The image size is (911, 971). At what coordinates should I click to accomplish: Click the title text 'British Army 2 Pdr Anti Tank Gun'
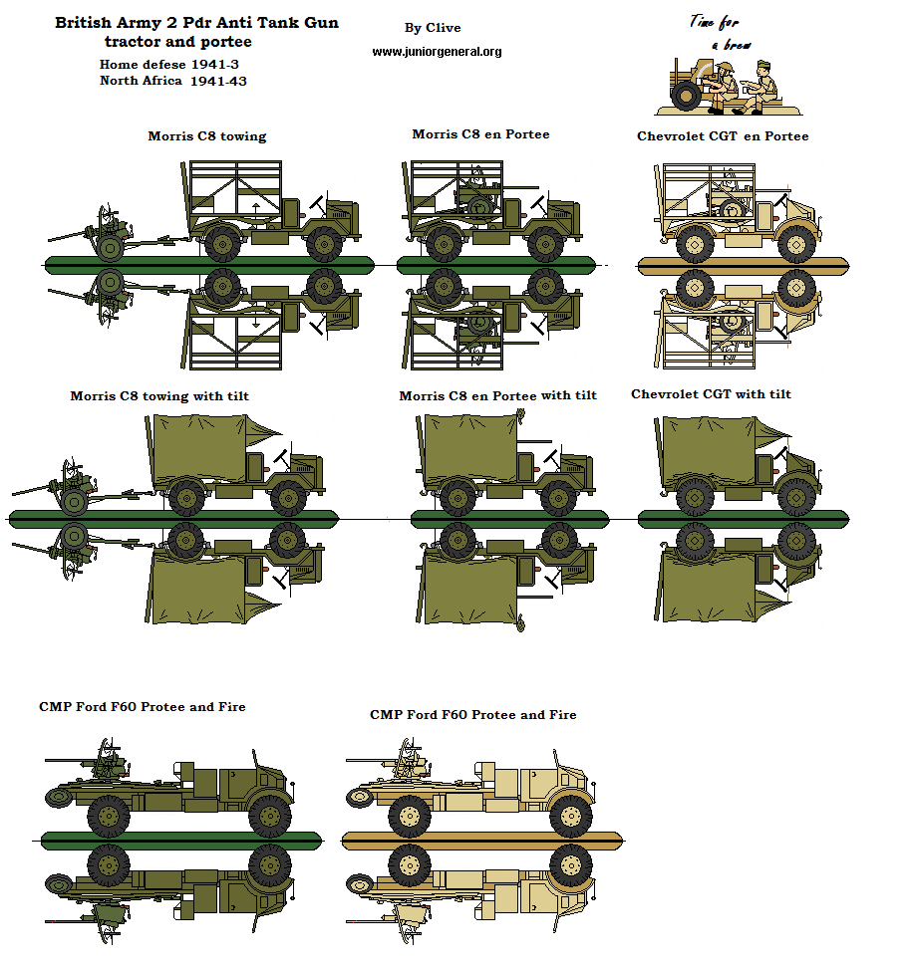196,22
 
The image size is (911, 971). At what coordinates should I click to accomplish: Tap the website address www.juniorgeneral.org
437,52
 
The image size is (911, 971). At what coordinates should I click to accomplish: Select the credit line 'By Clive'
433,28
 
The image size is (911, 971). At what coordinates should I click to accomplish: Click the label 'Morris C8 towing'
207,136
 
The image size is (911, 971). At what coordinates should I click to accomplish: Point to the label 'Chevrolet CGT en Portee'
723,136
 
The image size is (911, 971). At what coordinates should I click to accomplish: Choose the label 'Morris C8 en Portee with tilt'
497,395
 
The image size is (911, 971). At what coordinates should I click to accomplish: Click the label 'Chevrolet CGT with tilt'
711,394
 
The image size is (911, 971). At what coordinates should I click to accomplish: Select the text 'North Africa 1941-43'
172,81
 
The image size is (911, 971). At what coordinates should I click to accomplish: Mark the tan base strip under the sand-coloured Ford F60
480,840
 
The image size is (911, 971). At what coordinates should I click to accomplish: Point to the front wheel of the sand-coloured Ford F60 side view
570,816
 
